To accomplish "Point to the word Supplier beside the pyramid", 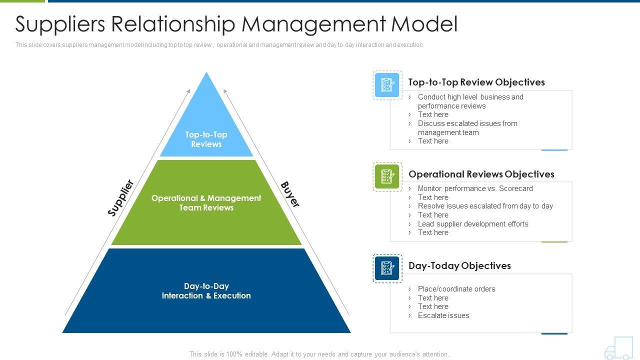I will pyautogui.click(x=121, y=198).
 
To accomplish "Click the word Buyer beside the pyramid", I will pyautogui.click(x=290, y=194).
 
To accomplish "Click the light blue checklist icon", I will pyautogui.click(x=387, y=85).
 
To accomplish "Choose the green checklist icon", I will pyautogui.click(x=387, y=176).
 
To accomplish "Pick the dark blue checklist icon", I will pyautogui.click(x=387, y=268).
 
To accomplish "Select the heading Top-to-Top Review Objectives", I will pyautogui.click(x=476, y=82).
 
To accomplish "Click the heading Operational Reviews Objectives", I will pyautogui.click(x=481, y=174).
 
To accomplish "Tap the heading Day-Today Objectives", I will pyautogui.click(x=459, y=265).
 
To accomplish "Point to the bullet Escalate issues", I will pyautogui.click(x=443, y=315).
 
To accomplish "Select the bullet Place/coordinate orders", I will pyautogui.click(x=456, y=289).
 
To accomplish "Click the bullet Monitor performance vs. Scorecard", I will pyautogui.click(x=475, y=188).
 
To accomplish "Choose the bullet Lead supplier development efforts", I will pyautogui.click(x=473, y=224).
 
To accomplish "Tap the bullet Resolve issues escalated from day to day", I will pyautogui.click(x=485, y=206).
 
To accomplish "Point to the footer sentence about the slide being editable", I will pyautogui.click(x=319, y=354).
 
